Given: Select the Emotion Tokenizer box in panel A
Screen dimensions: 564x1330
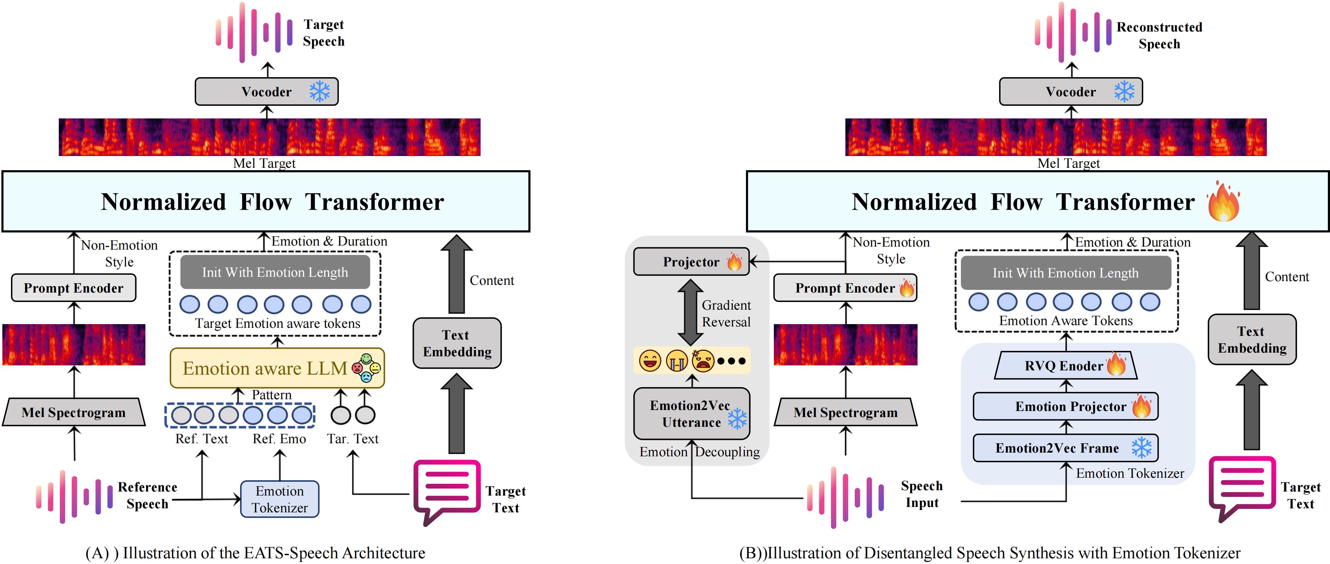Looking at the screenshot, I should tap(279, 499).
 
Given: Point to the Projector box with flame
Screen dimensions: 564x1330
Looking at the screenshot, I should tap(691, 262).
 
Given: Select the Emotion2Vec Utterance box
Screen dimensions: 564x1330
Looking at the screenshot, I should tap(691, 414).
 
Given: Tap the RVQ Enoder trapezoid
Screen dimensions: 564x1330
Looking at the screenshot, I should tap(1065, 366).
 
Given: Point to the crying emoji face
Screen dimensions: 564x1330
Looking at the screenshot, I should tap(676, 361).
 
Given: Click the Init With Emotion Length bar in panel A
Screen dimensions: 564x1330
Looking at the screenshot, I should tap(275, 272).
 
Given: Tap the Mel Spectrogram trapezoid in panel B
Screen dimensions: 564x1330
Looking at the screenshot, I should tap(845, 412).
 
